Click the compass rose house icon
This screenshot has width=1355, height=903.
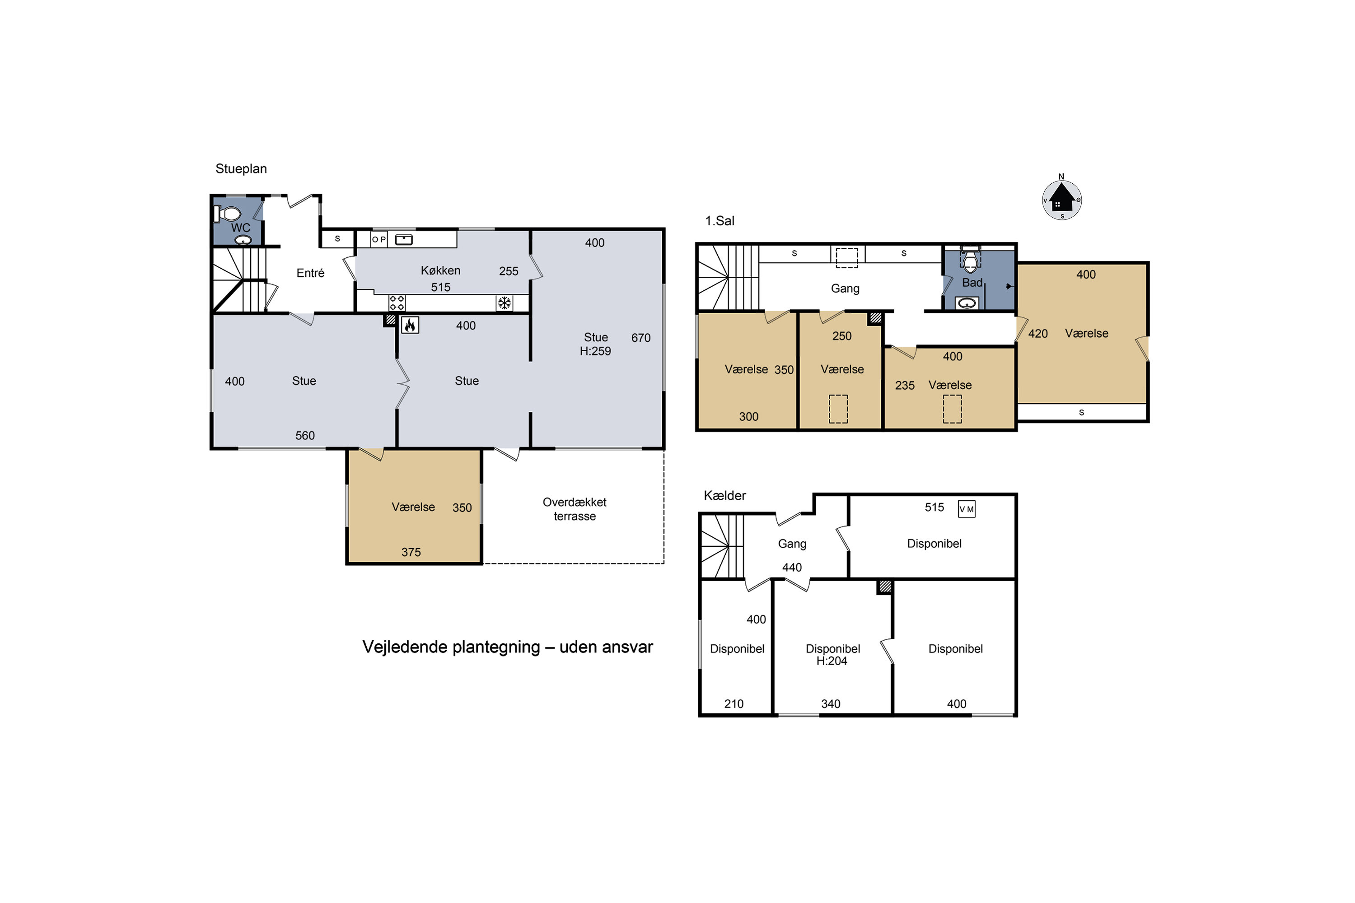pos(1062,200)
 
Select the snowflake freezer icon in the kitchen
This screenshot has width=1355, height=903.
pos(504,303)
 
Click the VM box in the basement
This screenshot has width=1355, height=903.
pos(966,509)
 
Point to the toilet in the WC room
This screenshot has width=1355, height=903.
pos(228,214)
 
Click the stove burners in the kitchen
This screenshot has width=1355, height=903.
pos(397,303)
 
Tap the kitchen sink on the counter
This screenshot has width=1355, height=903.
pos(403,239)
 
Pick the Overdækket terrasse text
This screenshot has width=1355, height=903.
pos(575,509)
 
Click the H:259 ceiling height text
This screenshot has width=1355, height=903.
pos(595,351)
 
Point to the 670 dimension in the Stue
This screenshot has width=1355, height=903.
pos(640,338)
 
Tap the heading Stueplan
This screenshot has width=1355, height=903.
pos(241,169)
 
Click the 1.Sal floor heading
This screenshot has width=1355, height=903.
pos(720,221)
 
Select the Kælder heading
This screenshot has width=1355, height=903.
pos(725,495)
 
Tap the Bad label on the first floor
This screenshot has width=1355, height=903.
pos(972,283)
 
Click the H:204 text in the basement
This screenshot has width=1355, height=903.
pos(832,661)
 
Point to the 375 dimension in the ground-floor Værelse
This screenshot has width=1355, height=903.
pos(411,552)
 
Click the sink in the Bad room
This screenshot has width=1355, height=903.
pos(966,303)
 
